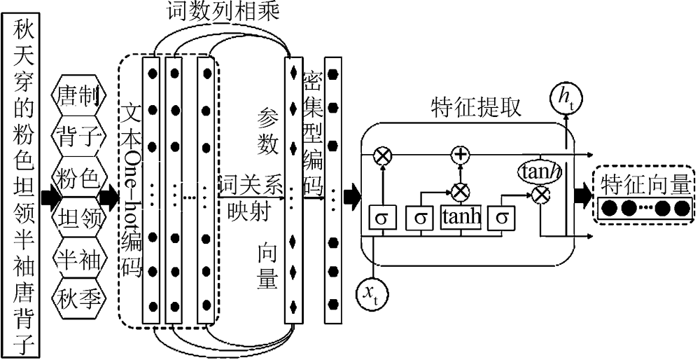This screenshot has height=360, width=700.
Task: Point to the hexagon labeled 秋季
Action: (80, 298)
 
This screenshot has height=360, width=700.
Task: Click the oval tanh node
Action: (540, 170)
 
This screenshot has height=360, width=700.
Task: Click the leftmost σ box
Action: (382, 219)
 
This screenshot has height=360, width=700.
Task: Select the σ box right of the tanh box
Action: (500, 219)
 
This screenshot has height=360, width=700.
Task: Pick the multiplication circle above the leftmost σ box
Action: (382, 155)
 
